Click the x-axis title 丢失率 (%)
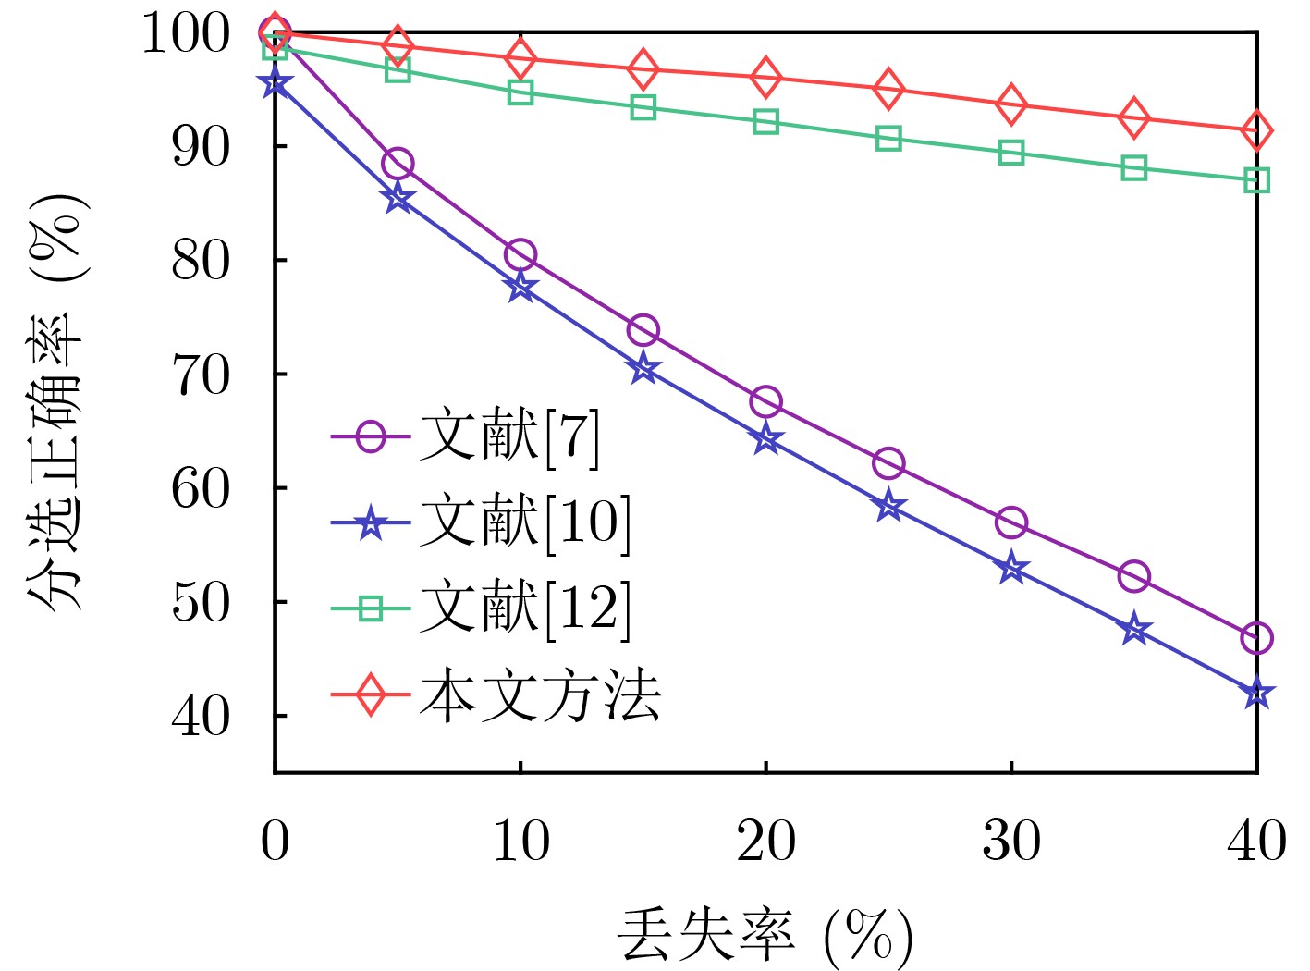765,936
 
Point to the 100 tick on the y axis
186,34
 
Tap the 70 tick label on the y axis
201,375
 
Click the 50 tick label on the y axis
201,602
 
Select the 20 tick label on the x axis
765,841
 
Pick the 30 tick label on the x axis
1011,841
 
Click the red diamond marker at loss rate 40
1256,131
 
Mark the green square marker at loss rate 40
1256,180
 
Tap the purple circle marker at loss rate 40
1256,638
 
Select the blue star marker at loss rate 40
1256,694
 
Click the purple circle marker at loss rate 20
765,402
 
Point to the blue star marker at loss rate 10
520,288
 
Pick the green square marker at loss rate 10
520,92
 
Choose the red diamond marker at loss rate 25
888,89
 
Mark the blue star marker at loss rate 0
275,84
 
